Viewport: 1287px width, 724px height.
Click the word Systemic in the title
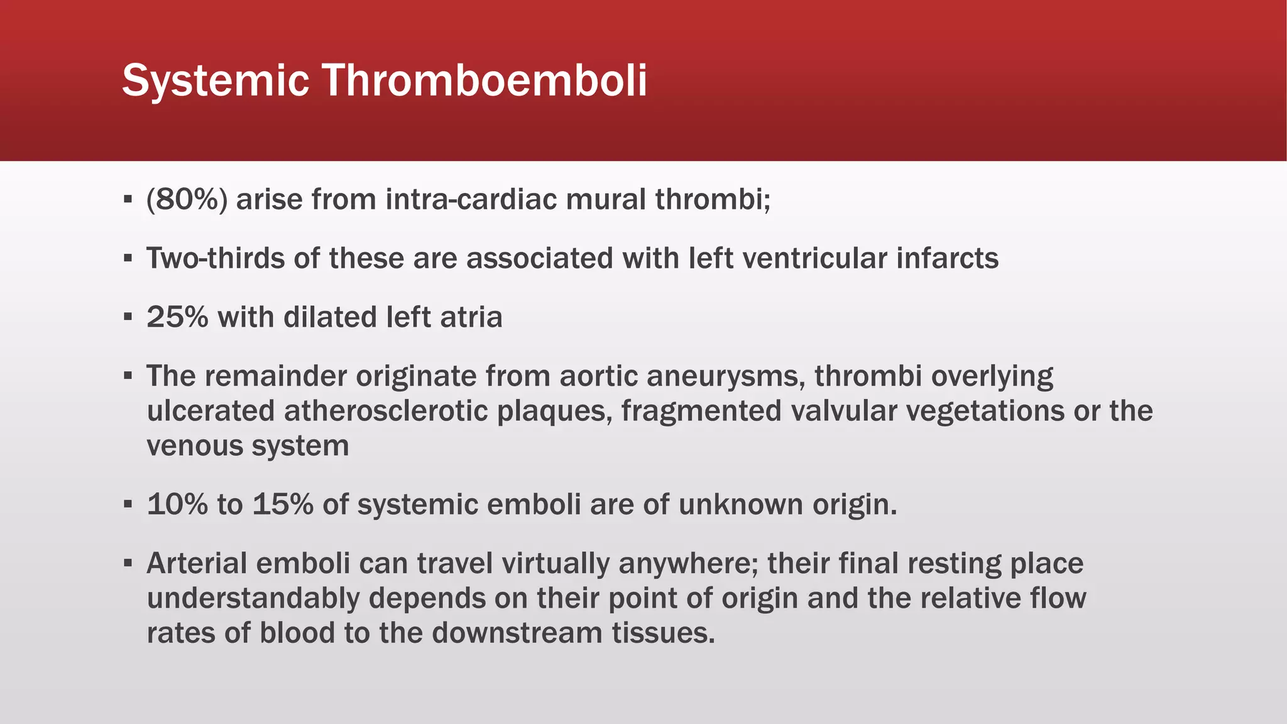click(215, 80)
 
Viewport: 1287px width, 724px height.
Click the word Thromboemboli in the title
click(485, 80)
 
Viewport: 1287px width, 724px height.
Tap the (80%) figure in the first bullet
click(187, 199)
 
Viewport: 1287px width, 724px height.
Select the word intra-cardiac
click(471, 199)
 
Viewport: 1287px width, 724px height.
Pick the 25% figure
click(177, 317)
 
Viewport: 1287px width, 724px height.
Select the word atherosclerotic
click(386, 411)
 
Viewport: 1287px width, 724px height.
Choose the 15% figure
click(283, 505)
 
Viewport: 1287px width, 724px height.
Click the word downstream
click(517, 633)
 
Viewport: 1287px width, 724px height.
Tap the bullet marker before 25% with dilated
click(128, 317)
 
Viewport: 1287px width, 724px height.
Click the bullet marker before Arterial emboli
click(128, 563)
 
